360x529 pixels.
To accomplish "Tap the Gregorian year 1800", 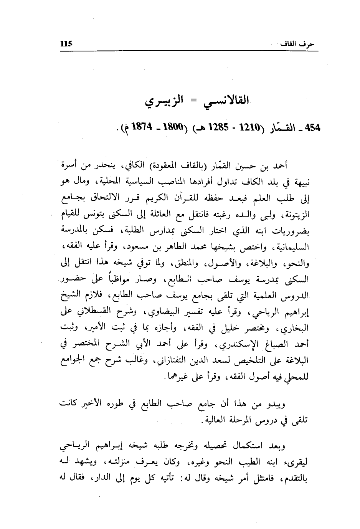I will pyautogui.click(x=166, y=129).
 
